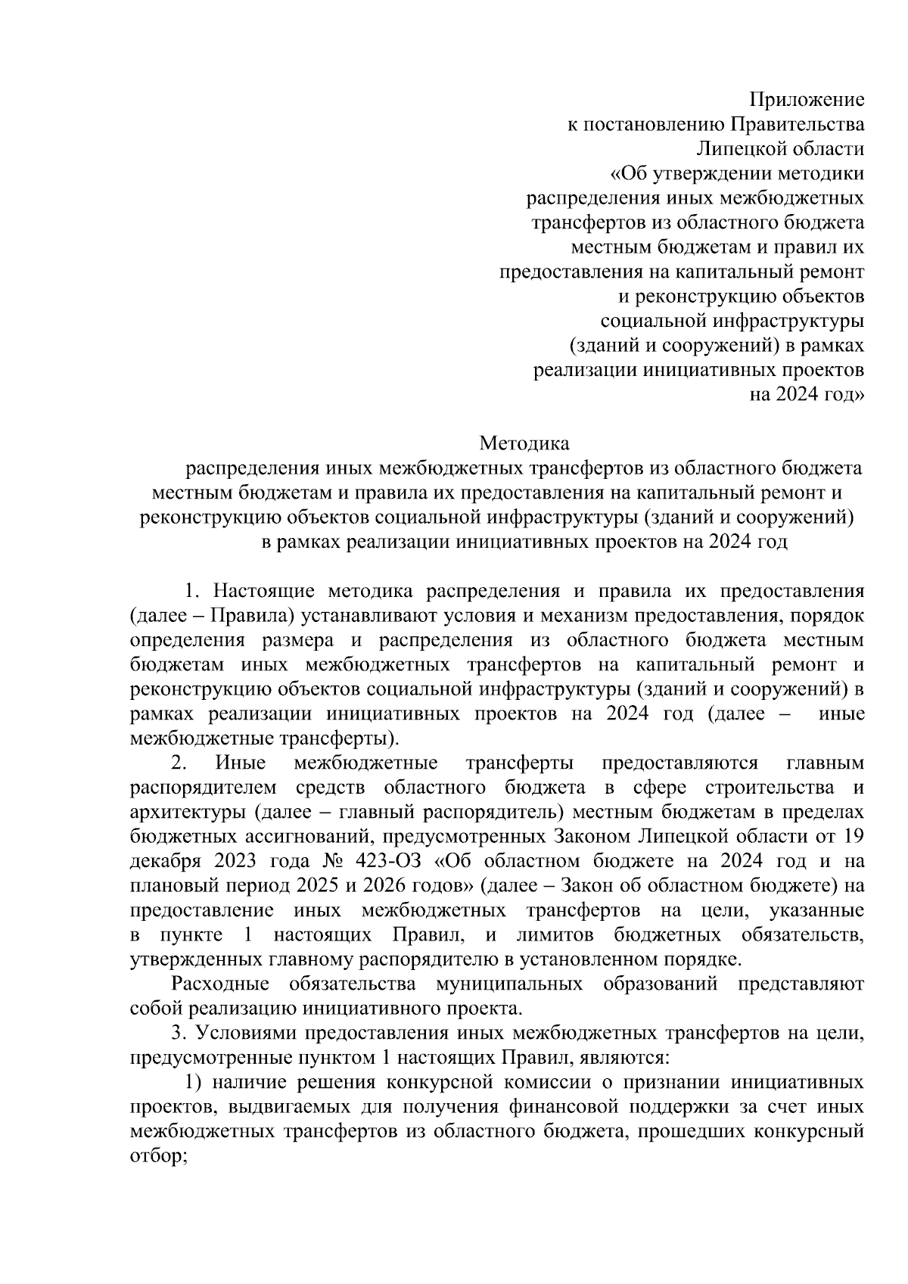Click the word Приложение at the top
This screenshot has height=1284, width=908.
tap(807, 99)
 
